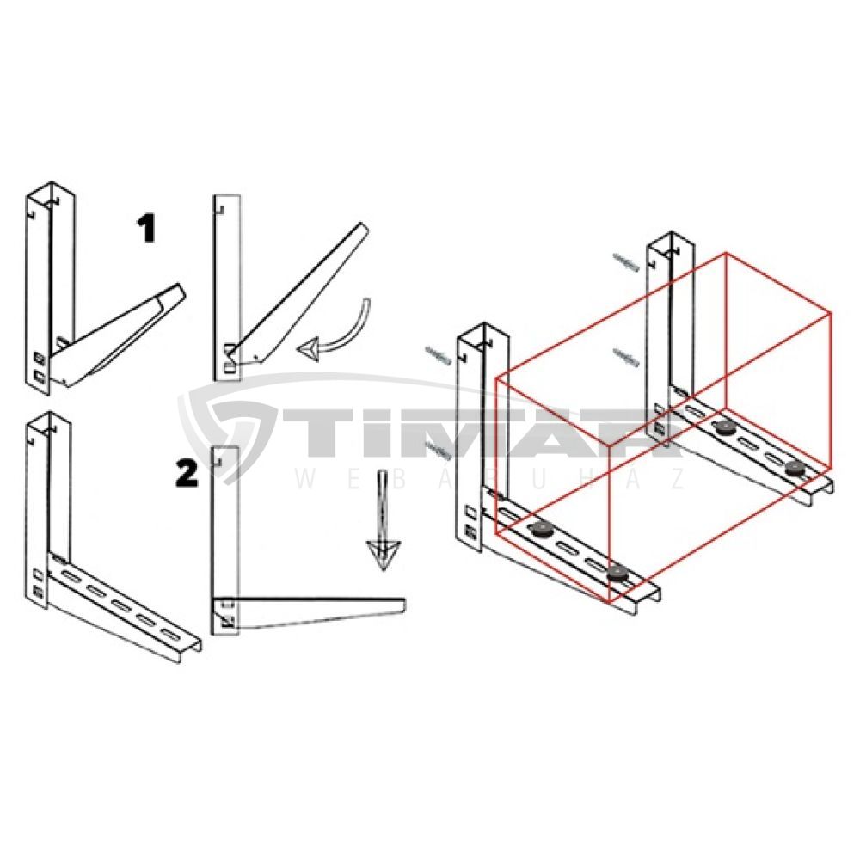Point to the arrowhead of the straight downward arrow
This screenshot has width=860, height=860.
click(x=384, y=555)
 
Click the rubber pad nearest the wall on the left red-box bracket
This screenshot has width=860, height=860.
click(x=541, y=530)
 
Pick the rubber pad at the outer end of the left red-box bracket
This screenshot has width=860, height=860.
click(x=617, y=574)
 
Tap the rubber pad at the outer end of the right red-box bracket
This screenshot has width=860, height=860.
click(x=794, y=469)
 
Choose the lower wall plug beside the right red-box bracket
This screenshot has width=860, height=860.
click(x=626, y=356)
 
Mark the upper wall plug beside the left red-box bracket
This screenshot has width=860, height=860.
click(x=437, y=354)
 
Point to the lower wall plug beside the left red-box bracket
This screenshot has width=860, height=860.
click(x=439, y=448)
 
